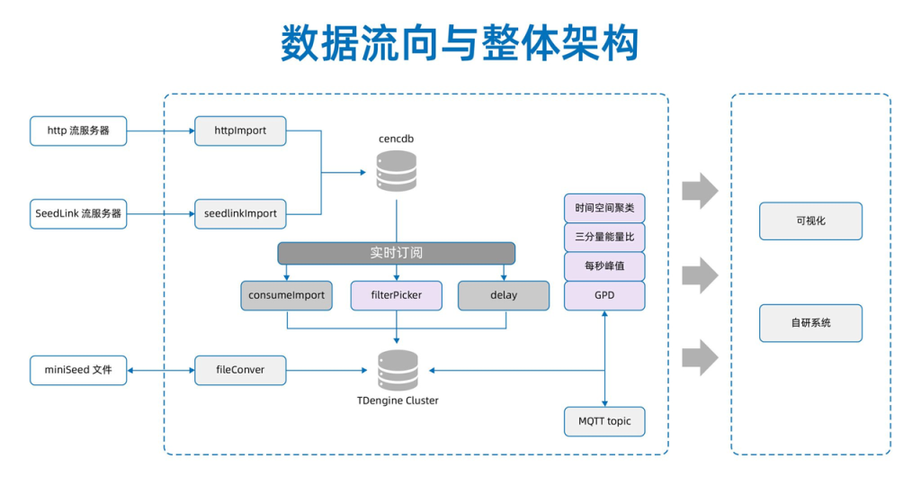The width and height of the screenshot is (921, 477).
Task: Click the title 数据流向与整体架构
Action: [x=460, y=42]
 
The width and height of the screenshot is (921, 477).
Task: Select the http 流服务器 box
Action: [x=78, y=130]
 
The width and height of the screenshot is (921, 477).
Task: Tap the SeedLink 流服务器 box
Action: [x=78, y=214]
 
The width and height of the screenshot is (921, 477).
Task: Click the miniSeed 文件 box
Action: [x=78, y=370]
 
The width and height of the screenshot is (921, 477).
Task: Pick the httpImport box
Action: [x=240, y=130]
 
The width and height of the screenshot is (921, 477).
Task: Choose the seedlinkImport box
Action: [x=240, y=214]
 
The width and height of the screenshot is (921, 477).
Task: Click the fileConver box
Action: [x=240, y=370]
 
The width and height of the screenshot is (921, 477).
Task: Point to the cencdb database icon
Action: [x=397, y=170]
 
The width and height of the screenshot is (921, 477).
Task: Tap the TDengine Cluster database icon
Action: [x=398, y=370]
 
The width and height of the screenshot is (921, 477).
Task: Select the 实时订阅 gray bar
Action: [x=396, y=253]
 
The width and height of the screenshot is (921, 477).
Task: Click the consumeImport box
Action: [x=286, y=295]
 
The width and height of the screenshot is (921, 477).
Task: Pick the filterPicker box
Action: [x=396, y=295]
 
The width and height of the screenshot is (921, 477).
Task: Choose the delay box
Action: [x=504, y=295]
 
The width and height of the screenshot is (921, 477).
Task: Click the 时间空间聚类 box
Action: [x=604, y=208]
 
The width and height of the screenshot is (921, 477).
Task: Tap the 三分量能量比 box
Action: [x=604, y=238]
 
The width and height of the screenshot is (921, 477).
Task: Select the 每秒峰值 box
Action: [x=604, y=266]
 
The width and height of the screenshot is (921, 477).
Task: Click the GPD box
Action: [x=604, y=295]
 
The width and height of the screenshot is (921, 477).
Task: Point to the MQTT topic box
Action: [x=604, y=421]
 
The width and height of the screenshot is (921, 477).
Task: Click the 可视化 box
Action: [x=810, y=220]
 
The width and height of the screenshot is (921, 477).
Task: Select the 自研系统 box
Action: [x=810, y=323]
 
